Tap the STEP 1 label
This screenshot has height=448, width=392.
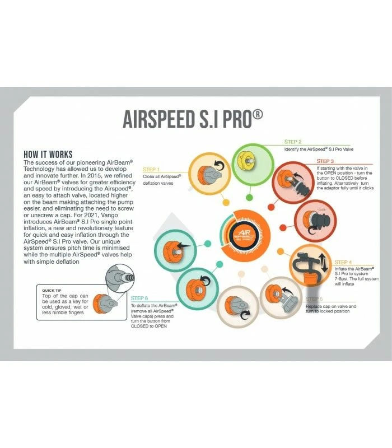point(152,169)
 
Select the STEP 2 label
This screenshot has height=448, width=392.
point(293,142)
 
